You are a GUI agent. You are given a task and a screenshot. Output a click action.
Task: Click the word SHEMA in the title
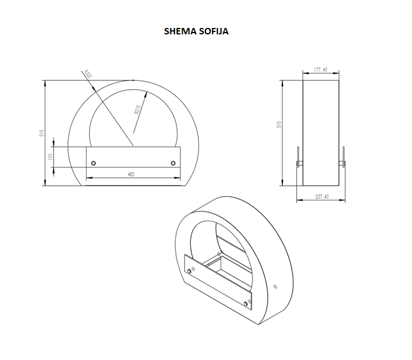(x=180, y=31)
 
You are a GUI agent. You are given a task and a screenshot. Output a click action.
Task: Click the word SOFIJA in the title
(x=214, y=31)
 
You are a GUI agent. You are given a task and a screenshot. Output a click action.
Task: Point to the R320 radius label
(x=87, y=74)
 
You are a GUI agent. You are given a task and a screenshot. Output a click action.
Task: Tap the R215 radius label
(x=138, y=110)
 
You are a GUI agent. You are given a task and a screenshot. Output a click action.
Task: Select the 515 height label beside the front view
(x=41, y=133)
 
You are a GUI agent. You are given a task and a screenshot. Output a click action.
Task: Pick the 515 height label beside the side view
(x=279, y=125)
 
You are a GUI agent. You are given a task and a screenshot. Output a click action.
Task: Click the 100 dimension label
(x=51, y=157)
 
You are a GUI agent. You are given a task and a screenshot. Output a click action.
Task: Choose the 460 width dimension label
(x=131, y=174)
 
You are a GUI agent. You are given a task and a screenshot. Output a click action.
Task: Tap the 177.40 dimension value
(x=321, y=70)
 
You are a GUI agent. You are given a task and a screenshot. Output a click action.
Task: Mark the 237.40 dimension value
(x=322, y=196)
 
